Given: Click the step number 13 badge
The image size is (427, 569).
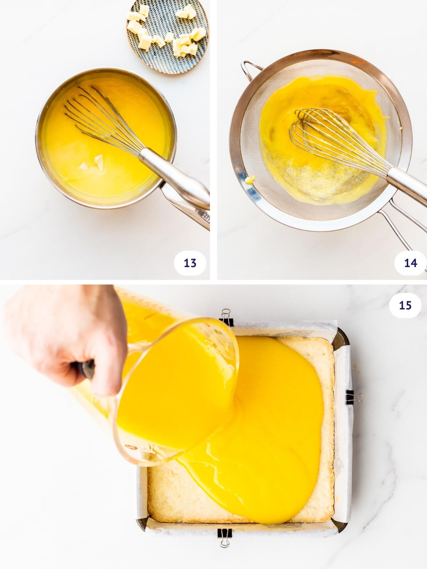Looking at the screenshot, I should (190, 263).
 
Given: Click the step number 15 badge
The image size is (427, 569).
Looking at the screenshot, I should (405, 305).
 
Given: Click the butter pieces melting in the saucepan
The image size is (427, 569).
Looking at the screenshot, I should (93, 163).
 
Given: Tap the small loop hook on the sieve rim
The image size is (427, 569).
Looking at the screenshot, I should (249, 68).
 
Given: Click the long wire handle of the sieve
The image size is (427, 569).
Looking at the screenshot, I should (402, 228).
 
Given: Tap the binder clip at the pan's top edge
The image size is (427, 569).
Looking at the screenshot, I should (226, 318).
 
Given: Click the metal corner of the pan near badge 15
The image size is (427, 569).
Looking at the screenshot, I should (342, 334).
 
